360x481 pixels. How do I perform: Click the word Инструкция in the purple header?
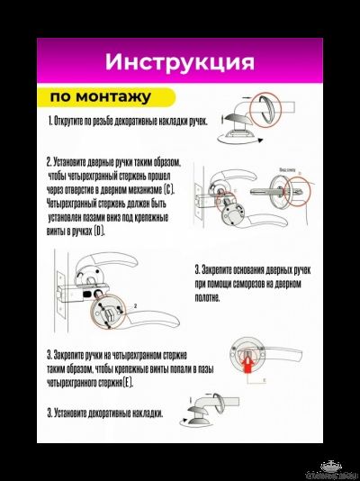click(179, 62)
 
